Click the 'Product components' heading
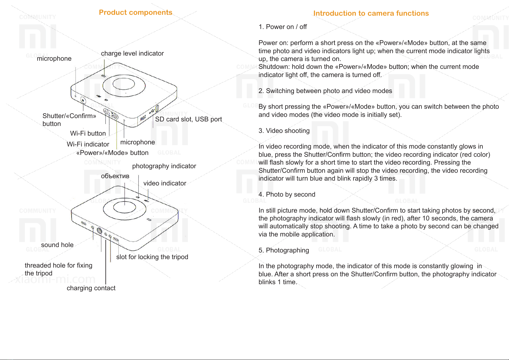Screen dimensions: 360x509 136,12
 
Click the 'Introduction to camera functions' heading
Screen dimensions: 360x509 371,13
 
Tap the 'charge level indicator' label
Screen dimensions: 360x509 132,53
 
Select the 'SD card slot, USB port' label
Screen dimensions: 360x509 188,119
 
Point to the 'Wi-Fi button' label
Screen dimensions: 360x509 88,133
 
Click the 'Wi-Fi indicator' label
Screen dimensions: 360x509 88,144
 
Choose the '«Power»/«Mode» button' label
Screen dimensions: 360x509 112,153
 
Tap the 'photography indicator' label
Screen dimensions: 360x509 164,166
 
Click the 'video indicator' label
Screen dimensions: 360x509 165,183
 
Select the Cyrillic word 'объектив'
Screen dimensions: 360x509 115,176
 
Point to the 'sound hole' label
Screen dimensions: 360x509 57,245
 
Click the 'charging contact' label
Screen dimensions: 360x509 91,288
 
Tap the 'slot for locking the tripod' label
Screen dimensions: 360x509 152,257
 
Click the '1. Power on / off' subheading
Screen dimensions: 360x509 283,27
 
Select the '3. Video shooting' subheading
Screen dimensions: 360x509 284,131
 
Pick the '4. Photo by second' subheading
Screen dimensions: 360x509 287,194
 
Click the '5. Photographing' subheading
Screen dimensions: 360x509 284,250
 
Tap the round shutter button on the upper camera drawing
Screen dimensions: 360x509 83,100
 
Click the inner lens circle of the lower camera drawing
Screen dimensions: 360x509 124,207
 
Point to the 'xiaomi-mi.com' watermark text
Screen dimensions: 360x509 55,279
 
